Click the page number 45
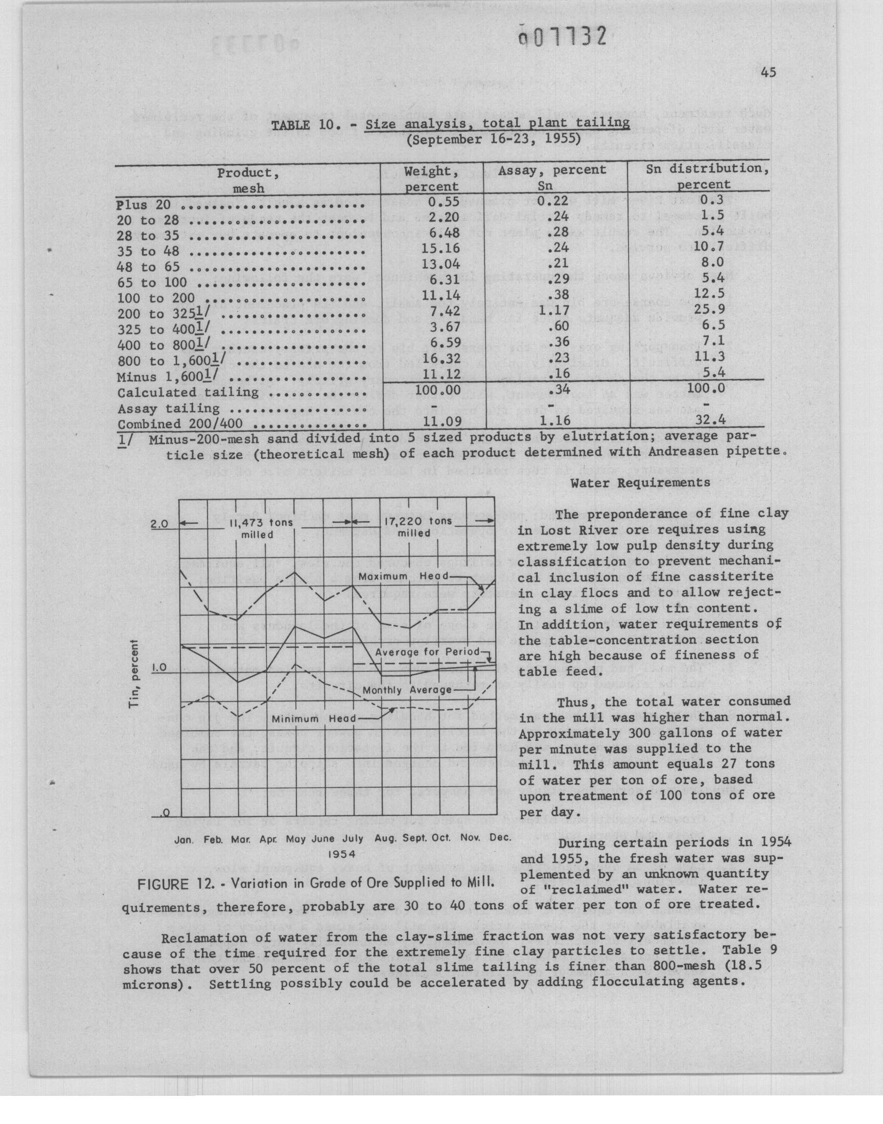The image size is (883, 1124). (768, 73)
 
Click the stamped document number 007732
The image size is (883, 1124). (562, 37)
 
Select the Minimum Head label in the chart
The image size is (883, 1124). (314, 719)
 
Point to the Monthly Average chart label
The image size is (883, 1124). (407, 690)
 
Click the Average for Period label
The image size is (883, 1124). (427, 652)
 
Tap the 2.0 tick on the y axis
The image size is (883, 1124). (159, 524)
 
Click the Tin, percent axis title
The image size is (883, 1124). (134, 674)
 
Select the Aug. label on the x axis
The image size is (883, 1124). (384, 838)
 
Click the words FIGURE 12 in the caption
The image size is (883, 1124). (172, 883)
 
